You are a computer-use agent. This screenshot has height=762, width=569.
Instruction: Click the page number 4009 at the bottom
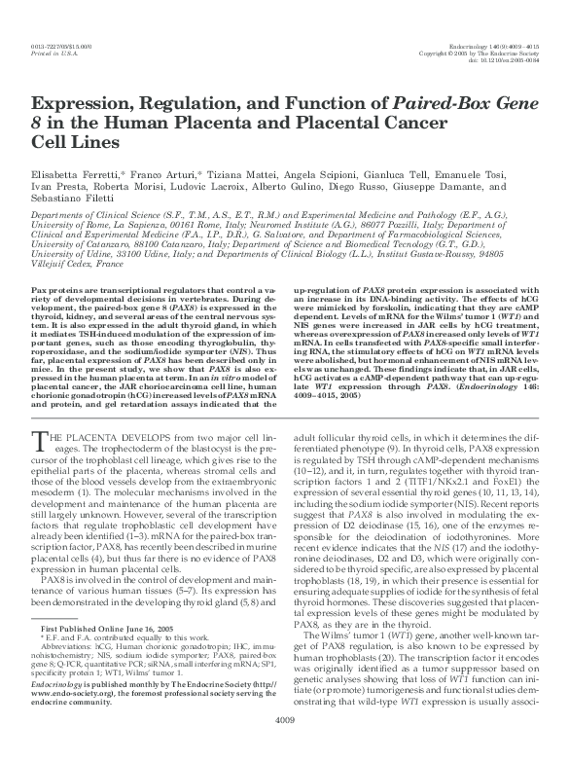tap(285, 747)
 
